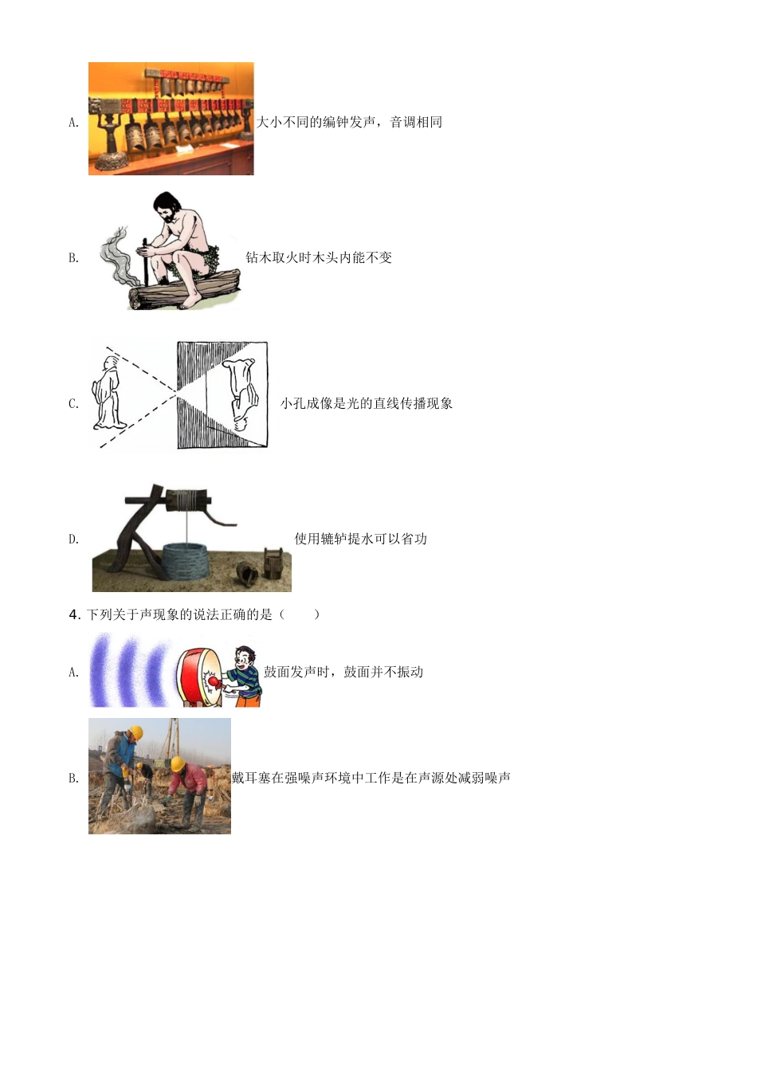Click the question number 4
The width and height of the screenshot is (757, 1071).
pos(74,615)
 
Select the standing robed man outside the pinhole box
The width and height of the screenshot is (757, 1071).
pos(109,393)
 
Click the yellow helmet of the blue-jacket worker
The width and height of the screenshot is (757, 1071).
pos(137,732)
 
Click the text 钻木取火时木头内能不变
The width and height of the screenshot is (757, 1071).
pos(319,257)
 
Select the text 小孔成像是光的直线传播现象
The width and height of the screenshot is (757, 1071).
pos(367,403)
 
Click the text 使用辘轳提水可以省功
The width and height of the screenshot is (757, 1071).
pos(360,539)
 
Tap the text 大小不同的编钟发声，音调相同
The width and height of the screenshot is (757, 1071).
pos(349,122)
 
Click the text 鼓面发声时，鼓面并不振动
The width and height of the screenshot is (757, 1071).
pos(343,672)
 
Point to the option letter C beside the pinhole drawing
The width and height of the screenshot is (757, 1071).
pos(73,404)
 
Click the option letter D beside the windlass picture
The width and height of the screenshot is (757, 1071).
pos(73,539)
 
